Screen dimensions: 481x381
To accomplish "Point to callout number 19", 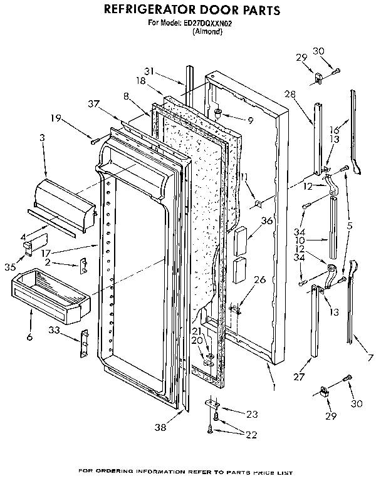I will (56, 117).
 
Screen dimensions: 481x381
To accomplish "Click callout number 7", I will (370, 357).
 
